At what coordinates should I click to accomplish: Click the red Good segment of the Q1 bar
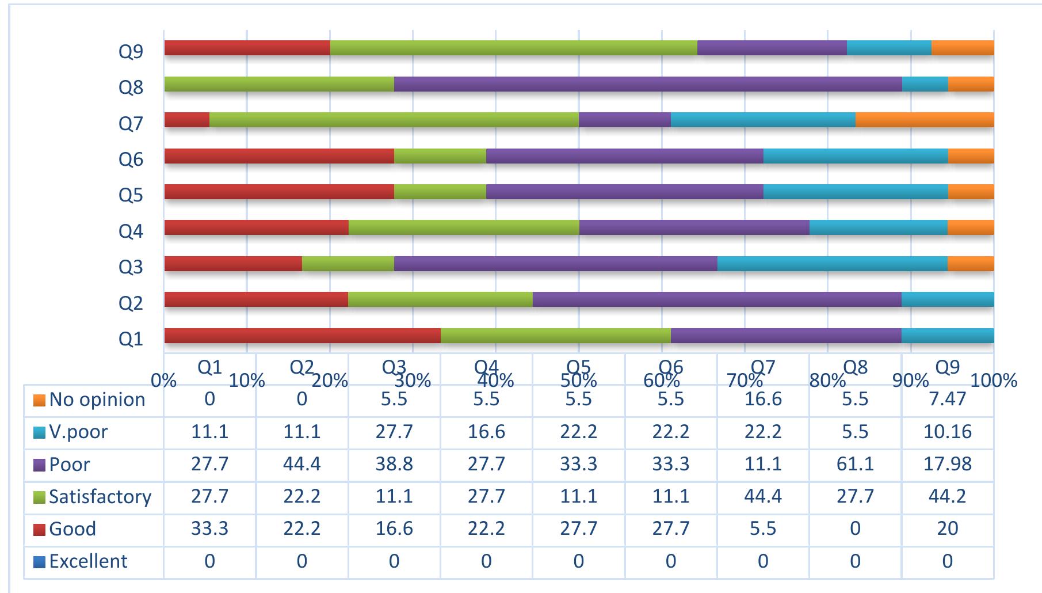coord(302,336)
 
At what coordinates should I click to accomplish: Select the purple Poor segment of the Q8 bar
coord(648,84)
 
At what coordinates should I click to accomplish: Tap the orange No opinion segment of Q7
coord(925,120)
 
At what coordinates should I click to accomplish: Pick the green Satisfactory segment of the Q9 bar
coord(513,48)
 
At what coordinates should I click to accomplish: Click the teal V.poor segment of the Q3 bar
coord(832,264)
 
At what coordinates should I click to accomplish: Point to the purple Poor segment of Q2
coord(717,299)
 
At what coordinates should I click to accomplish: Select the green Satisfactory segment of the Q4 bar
coord(464,227)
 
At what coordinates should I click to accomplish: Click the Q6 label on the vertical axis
coord(131,159)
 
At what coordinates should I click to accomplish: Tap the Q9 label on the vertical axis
coord(131,52)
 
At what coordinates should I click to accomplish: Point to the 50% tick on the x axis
coord(579,381)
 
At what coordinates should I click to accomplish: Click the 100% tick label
coord(994,381)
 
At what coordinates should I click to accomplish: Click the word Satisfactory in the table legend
coord(100,496)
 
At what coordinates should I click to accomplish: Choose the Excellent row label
coord(88,561)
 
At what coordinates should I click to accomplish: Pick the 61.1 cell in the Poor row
coord(855,464)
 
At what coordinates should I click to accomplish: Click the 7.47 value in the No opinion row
coord(947,400)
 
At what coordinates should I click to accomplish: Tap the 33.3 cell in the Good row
coord(209,529)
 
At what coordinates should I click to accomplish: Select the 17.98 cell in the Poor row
coord(947,464)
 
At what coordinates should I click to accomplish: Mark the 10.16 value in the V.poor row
coord(947,432)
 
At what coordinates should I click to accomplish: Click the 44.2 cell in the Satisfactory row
coord(947,496)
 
